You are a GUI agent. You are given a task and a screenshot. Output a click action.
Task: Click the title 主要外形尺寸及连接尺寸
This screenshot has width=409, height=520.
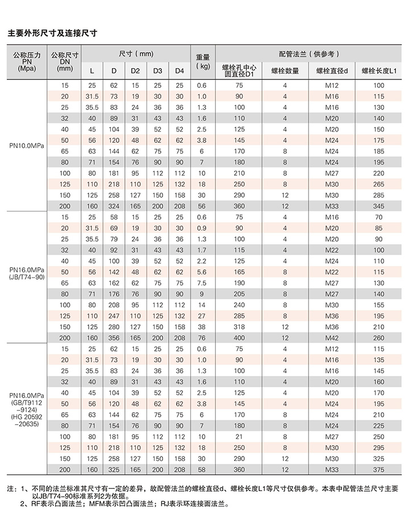[x=52, y=33]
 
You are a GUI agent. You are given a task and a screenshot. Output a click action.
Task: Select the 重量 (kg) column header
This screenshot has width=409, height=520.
[x=203, y=61]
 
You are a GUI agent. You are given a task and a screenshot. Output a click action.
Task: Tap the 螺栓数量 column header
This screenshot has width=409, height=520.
[x=285, y=70]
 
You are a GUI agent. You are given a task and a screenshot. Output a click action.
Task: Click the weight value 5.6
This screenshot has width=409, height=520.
[x=201, y=272]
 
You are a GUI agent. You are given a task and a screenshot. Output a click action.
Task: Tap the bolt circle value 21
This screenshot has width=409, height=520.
[x=239, y=436]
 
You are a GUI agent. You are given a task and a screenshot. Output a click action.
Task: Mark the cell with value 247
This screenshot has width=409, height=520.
[x=114, y=315]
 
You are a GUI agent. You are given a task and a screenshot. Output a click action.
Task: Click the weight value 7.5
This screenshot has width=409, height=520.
[x=201, y=282]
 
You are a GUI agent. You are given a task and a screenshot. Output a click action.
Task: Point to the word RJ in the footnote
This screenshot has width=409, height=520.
[x=164, y=502]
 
